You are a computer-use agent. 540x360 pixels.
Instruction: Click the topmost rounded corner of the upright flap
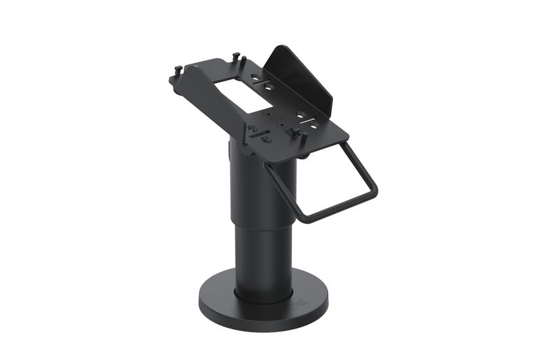(x=278, y=47)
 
